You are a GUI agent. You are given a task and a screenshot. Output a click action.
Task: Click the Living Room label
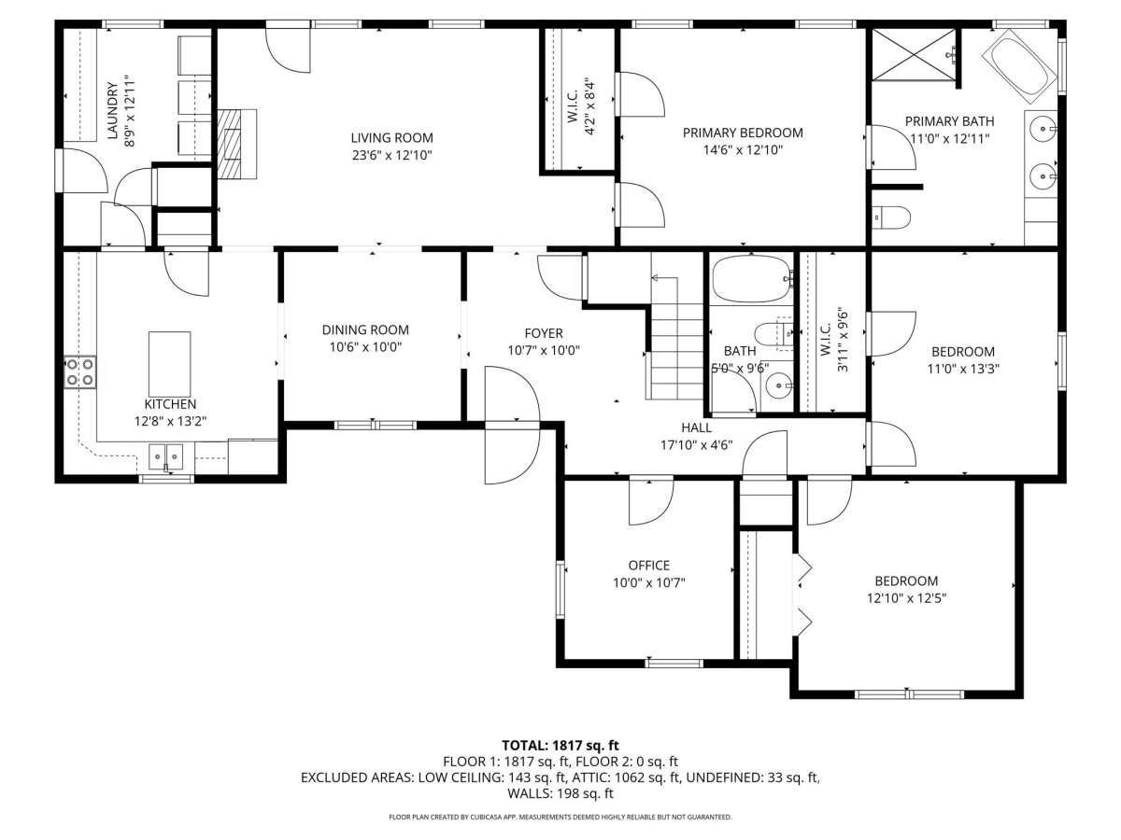(x=391, y=138)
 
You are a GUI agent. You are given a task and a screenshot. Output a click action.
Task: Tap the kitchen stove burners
(x=80, y=371)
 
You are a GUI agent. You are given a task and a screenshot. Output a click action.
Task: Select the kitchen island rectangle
(x=170, y=364)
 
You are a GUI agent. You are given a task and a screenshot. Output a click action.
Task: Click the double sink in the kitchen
(x=166, y=456)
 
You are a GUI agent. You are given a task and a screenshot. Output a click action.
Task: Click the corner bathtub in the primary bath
(x=1019, y=66)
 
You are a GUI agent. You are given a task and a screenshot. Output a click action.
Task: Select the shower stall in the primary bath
(x=913, y=54)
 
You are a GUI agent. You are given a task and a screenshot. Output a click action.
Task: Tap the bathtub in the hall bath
(x=752, y=279)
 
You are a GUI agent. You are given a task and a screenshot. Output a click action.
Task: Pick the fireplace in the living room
(x=236, y=144)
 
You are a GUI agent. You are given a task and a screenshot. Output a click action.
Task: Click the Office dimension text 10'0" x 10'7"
(x=648, y=582)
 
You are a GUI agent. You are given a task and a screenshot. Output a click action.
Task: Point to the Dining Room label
(x=365, y=330)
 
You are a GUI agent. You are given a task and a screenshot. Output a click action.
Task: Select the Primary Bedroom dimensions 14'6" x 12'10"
(x=743, y=150)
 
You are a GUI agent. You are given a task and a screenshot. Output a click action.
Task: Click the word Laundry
(x=112, y=111)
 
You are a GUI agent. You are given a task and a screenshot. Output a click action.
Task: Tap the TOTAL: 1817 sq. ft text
(x=560, y=745)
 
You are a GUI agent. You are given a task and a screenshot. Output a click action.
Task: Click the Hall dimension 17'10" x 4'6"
(x=697, y=445)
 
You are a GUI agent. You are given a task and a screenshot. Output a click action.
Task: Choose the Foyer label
(x=544, y=333)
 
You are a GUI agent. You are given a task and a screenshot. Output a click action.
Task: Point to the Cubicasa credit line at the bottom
(x=560, y=817)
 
